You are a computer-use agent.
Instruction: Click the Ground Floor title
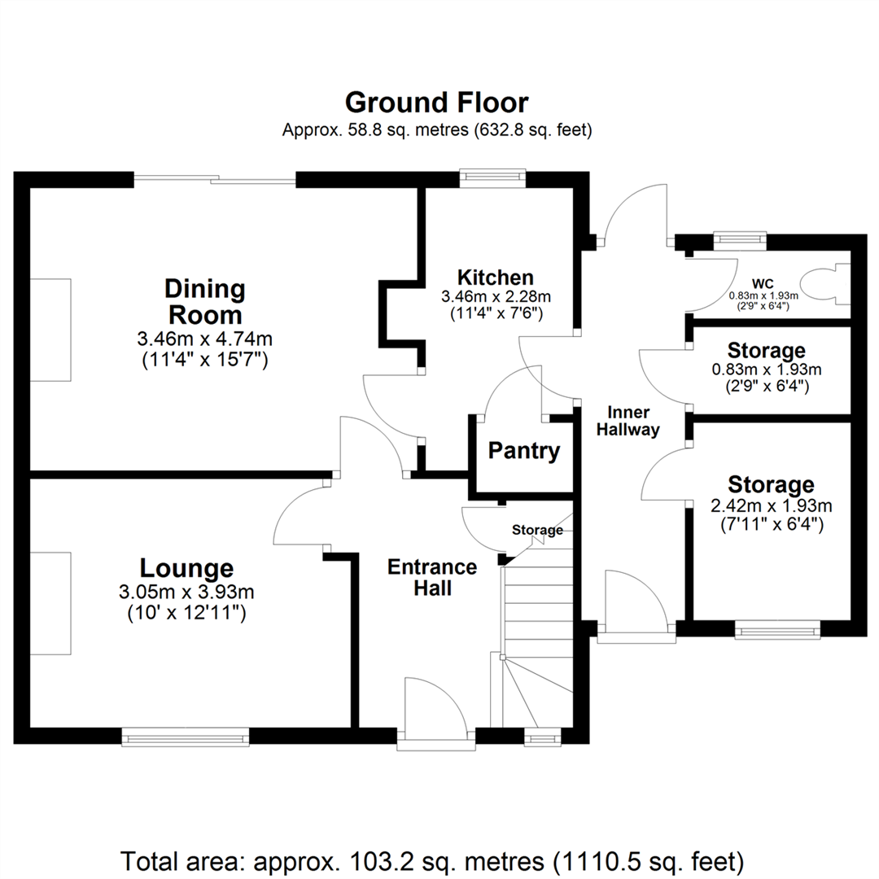point(437,103)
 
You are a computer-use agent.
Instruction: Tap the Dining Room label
point(204,301)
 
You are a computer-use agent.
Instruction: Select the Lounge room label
point(186,568)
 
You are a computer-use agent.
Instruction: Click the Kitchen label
point(495,277)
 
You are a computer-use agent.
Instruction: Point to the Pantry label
point(524,451)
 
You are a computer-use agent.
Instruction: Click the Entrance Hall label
point(431,577)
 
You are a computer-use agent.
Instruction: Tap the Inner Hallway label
point(628,421)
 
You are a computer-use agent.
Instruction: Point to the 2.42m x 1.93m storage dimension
point(770,506)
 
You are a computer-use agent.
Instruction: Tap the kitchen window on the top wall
point(492,177)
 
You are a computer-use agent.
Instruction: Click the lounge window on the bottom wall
point(185,737)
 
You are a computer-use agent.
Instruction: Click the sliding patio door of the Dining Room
point(215,179)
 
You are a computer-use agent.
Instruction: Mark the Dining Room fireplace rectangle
point(50,330)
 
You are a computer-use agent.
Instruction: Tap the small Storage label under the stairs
point(537,530)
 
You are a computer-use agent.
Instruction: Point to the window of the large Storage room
point(778,629)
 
